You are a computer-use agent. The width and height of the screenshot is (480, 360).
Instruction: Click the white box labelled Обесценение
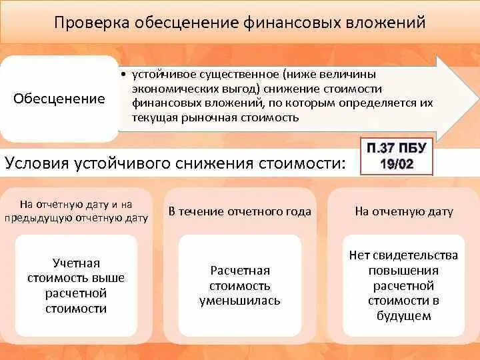click(x=59, y=99)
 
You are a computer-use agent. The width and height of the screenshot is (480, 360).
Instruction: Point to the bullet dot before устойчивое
click(x=125, y=74)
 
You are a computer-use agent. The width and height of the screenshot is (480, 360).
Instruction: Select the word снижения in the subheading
click(x=204, y=164)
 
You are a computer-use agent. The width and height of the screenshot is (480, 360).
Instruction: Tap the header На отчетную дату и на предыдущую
click(x=75, y=211)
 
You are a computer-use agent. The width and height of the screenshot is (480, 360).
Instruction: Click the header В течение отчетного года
click(x=239, y=211)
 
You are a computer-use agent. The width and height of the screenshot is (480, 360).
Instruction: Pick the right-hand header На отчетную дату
click(x=403, y=211)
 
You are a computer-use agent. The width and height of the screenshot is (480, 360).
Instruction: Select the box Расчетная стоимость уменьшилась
click(x=239, y=285)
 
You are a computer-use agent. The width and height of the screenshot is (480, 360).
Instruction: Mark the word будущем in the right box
click(x=403, y=316)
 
